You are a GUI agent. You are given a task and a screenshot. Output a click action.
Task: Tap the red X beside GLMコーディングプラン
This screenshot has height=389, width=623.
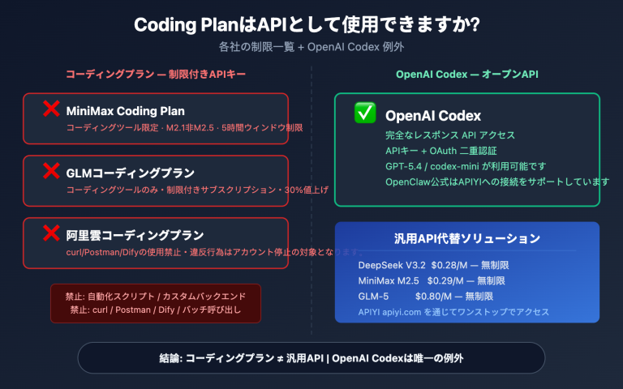coord(51,171)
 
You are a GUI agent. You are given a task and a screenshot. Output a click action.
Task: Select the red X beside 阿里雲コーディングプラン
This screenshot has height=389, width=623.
coord(51,234)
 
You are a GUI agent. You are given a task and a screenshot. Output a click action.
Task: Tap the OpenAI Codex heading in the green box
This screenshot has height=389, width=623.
coord(433,115)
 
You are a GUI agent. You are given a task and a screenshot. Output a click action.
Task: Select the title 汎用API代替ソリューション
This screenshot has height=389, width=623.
coord(466,239)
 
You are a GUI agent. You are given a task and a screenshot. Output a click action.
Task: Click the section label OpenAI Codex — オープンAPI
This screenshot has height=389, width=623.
coord(467,75)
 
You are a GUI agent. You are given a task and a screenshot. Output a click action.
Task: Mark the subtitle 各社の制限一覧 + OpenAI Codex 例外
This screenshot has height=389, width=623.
coord(311,47)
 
